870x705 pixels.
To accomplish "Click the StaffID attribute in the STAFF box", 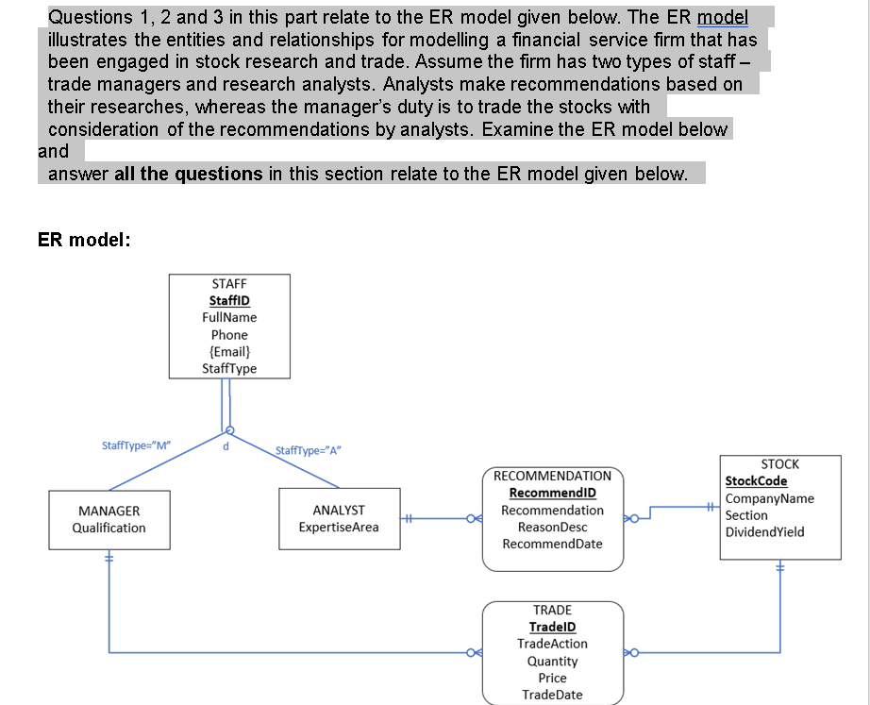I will (229, 300).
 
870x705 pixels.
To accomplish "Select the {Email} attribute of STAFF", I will (229, 351).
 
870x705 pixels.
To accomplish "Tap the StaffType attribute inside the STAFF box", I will (229, 368).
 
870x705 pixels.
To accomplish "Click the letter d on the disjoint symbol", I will (226, 447).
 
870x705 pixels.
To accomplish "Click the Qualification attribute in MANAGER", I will (109, 528).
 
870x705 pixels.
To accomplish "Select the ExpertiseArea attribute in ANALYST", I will (339, 527).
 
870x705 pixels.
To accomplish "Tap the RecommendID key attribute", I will (552, 493).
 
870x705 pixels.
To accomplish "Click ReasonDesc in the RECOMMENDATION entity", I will (552, 527).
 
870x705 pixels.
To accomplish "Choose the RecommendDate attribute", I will (552, 544).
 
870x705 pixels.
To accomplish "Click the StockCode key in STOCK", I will (756, 481).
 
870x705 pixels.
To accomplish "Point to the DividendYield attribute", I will (764, 532).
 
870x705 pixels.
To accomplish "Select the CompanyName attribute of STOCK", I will (769, 498).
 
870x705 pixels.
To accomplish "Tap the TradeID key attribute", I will (552, 627).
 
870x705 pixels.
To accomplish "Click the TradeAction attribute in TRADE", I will (552, 644).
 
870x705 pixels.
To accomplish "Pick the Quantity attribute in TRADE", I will (552, 661).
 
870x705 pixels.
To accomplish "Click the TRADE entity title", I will (552, 610).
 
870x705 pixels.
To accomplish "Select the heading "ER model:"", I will (83, 240).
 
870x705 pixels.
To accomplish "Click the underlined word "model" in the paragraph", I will (722, 17).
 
